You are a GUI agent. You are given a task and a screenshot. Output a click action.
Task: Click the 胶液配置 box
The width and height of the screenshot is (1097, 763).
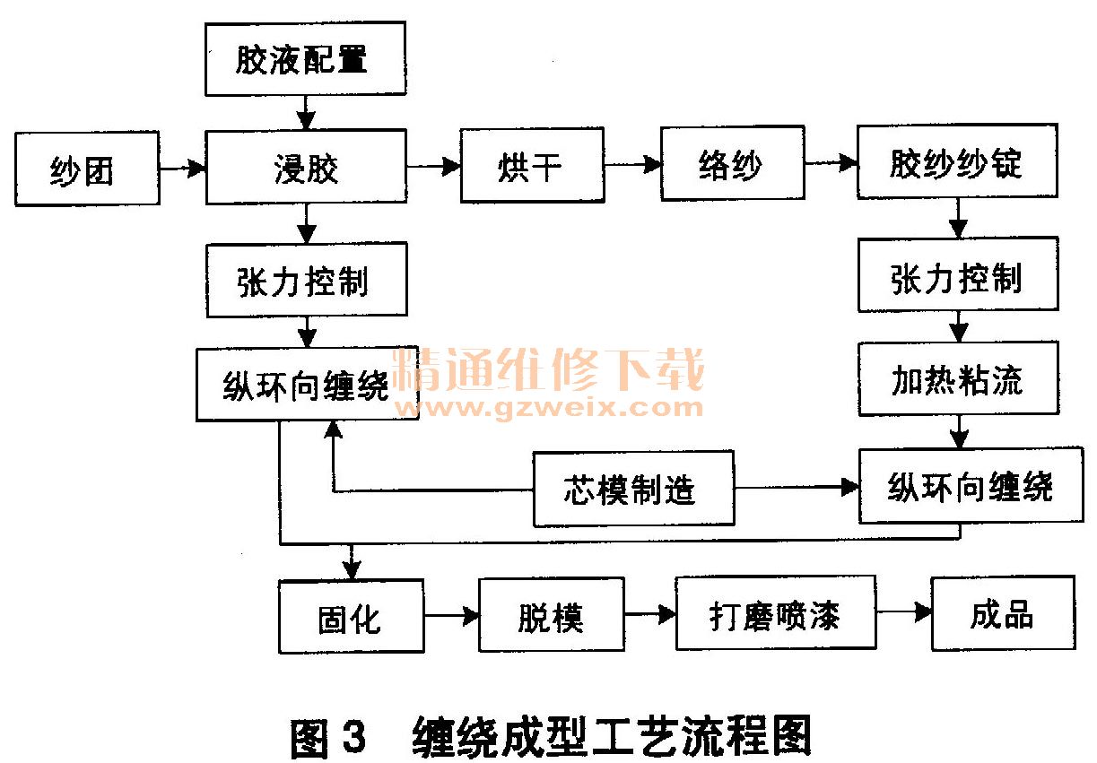coord(305,59)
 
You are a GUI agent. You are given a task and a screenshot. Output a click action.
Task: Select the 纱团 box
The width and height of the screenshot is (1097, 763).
coord(86,169)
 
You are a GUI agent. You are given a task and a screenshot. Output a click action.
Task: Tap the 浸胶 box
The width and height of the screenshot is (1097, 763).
coord(305,167)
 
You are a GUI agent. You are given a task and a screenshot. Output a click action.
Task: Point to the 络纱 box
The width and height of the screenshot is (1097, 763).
coord(731,166)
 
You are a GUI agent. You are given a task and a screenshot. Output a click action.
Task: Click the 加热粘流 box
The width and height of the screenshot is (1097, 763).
coord(957,380)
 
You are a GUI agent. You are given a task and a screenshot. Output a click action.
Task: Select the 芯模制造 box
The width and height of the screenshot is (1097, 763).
coord(633,490)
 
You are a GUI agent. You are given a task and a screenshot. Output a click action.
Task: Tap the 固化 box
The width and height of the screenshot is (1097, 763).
coord(350,617)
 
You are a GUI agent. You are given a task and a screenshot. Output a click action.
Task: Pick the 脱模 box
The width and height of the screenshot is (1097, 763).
coord(551,615)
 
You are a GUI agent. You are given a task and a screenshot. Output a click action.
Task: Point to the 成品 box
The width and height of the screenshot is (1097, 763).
coord(1002,613)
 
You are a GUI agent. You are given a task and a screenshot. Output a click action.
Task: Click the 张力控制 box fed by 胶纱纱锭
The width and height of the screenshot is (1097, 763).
coord(957,276)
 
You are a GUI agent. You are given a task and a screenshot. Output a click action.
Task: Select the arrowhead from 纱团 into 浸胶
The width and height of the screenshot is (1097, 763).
coord(196,168)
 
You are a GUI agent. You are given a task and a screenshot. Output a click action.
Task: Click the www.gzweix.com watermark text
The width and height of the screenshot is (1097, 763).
coord(549,407)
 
